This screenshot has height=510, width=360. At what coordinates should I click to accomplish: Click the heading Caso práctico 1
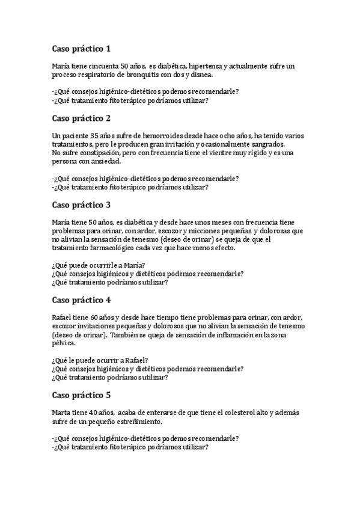click(x=81, y=49)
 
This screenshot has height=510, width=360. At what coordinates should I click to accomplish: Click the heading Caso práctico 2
click(x=81, y=118)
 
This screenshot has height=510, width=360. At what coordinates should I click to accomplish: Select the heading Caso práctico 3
click(x=81, y=205)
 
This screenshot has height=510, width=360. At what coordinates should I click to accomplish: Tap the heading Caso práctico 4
click(x=81, y=300)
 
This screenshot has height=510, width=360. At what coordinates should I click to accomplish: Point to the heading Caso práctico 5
click(x=81, y=395)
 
